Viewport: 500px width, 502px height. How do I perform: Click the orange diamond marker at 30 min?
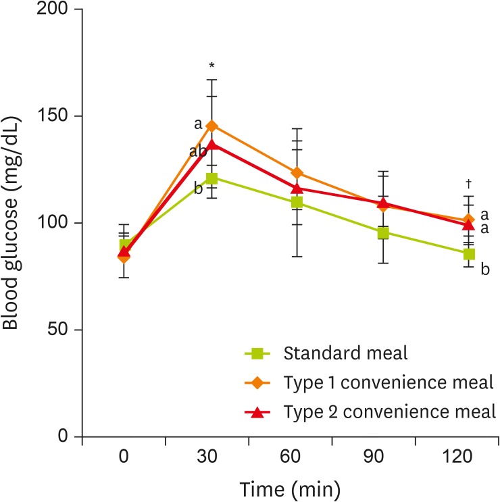pos(211,126)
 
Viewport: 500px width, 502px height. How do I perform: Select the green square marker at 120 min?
pos(469,254)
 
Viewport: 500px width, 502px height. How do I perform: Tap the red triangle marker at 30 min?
pos(211,144)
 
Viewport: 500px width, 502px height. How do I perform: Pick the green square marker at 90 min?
pos(383,233)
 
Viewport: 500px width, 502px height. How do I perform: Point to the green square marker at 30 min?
pos(211,178)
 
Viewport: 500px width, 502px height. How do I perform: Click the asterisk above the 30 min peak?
pos(211,66)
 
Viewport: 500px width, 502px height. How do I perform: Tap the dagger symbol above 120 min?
pos(468,184)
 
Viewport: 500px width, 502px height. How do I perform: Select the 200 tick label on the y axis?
pos(53,9)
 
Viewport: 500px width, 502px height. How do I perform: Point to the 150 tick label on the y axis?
pos(53,116)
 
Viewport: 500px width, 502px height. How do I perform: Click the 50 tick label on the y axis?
pos(57,330)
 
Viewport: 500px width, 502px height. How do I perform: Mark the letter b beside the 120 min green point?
pos(484,270)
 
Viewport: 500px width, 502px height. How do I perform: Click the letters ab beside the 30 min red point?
pos(198,151)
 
